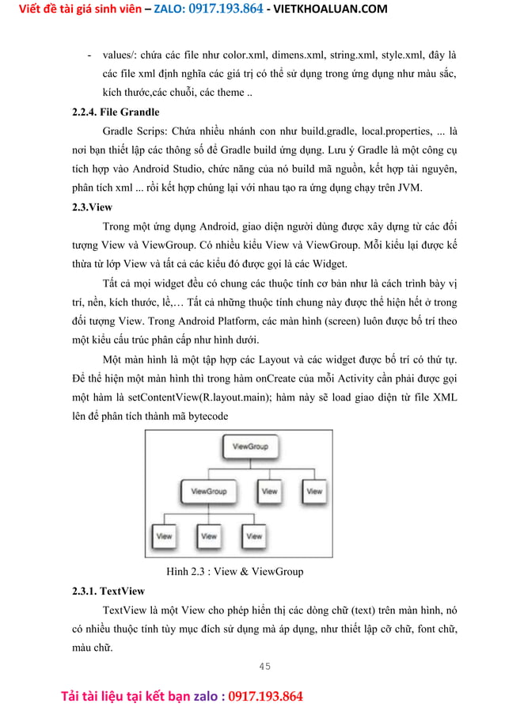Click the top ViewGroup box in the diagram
[250, 447]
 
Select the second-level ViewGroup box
[209, 492]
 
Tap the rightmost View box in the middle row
[314, 492]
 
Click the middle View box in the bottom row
[209, 536]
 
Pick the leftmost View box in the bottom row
[164, 536]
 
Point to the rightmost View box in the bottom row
[254, 536]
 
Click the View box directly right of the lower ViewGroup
[269, 492]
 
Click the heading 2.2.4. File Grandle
[116, 112]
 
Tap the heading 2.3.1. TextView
[108, 591]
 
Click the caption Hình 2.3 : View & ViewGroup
[234, 571]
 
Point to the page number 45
[264, 666]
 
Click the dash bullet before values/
[89, 55]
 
